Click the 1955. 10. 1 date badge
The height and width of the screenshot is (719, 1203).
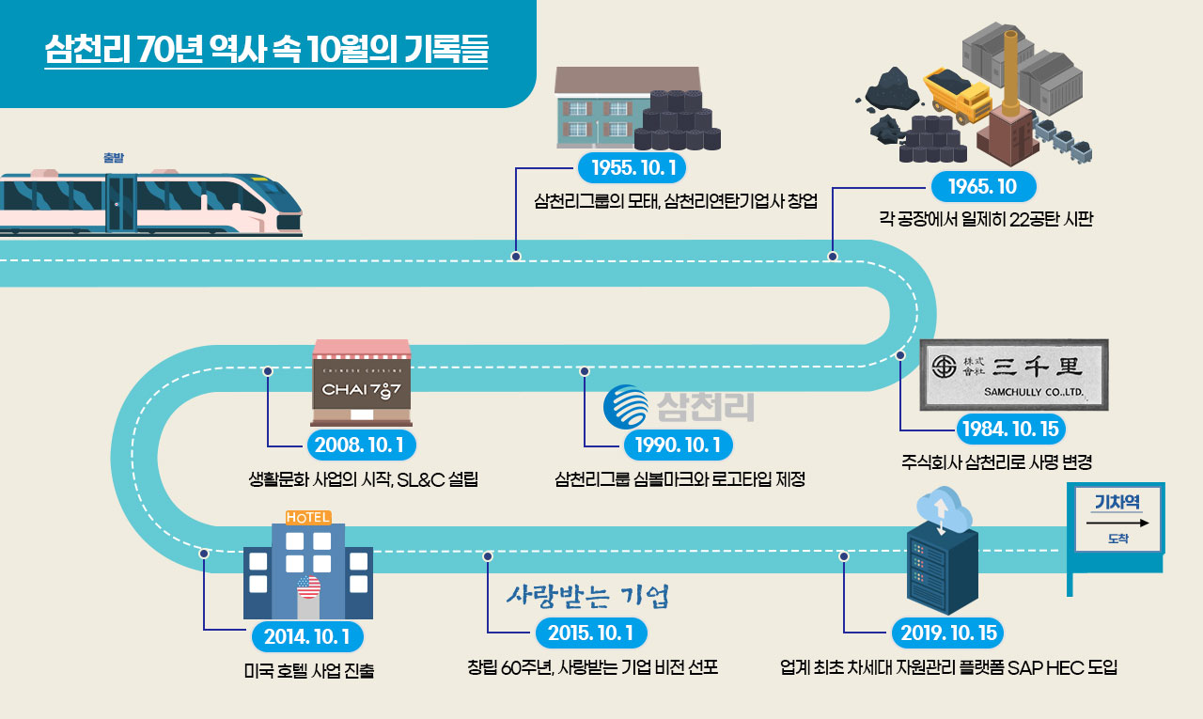(x=632, y=168)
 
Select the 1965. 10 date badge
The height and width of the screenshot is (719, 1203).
(x=982, y=186)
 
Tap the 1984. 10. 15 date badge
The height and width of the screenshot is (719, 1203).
(x=1010, y=430)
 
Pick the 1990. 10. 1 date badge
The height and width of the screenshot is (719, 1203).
(x=678, y=444)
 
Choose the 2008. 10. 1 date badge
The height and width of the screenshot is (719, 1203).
(x=362, y=444)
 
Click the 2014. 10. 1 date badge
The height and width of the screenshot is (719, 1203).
(x=307, y=636)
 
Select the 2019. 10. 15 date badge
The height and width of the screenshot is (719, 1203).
(x=948, y=633)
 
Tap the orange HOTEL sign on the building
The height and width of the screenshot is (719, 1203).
(x=307, y=517)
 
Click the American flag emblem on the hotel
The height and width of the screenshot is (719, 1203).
(x=308, y=587)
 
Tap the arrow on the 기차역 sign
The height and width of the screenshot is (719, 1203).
(x=1118, y=522)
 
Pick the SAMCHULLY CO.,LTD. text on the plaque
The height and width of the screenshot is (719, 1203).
(x=1034, y=393)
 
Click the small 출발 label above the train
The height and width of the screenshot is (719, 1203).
(x=115, y=158)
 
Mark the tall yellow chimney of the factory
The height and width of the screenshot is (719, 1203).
(x=1011, y=70)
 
